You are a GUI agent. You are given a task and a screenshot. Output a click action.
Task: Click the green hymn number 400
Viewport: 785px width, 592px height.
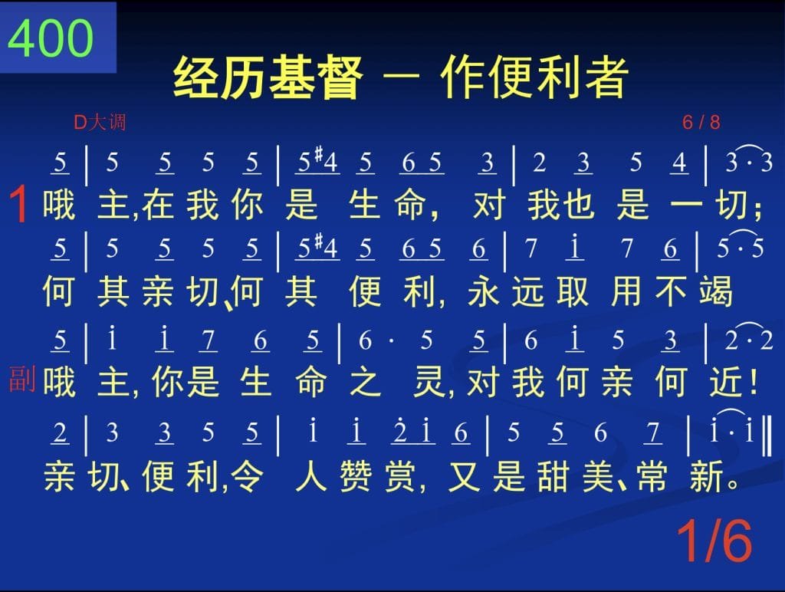51,38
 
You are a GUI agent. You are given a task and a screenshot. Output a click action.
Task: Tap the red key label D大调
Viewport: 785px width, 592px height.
100,122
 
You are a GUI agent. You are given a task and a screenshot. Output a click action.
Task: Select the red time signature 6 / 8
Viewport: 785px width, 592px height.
701,122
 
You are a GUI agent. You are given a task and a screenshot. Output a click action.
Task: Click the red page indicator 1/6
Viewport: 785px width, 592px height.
714,541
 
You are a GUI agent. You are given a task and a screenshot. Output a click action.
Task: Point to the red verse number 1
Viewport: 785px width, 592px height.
19,204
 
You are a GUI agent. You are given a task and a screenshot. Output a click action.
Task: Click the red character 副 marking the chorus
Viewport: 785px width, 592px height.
22,379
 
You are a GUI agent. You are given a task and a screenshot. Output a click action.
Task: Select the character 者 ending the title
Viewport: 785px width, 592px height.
607,77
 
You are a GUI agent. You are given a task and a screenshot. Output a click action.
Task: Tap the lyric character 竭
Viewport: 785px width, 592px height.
717,291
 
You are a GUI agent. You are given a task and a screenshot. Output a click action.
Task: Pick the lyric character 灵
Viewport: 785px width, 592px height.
429,382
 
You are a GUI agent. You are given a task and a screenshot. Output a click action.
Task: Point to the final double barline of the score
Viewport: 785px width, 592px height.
767,435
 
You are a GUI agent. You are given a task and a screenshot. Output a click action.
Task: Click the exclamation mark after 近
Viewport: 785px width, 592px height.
754,382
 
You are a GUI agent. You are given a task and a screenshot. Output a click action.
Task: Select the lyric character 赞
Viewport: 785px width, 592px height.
356,475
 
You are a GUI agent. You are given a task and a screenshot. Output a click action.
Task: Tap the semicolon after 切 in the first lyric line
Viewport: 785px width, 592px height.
760,208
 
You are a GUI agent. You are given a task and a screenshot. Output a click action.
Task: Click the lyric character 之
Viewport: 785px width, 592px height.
365,382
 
